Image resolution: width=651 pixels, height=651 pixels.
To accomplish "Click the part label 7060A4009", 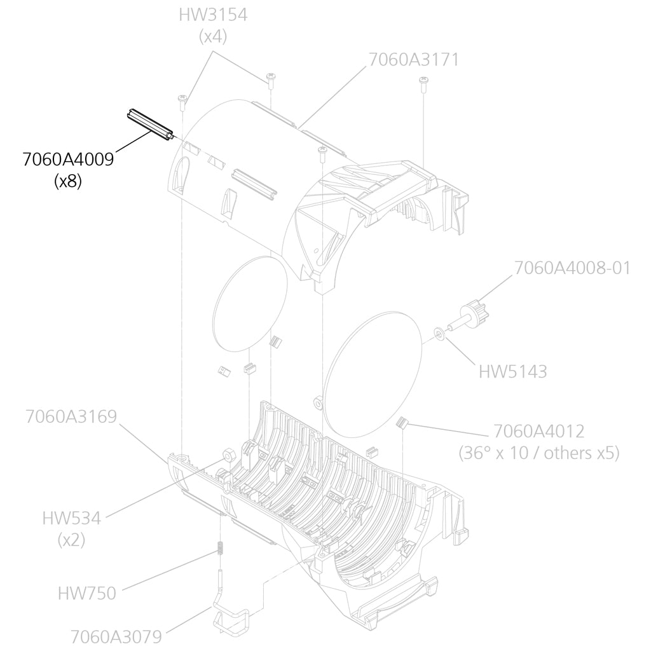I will (68, 160).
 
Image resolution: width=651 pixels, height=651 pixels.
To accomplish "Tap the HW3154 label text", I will (212, 15).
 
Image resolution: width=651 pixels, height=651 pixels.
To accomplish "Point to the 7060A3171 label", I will (414, 60).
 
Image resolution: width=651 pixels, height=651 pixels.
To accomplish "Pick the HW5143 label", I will (512, 371).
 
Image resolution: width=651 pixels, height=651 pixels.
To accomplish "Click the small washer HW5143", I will (438, 332).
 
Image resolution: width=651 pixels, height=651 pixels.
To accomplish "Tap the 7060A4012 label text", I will (538, 431).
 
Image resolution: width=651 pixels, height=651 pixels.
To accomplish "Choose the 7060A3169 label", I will (71, 416).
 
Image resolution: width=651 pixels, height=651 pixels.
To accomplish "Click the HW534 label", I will (71, 518).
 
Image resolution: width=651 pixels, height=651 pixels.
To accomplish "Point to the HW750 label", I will (87, 594).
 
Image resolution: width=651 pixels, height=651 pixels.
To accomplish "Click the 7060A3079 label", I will (116, 636).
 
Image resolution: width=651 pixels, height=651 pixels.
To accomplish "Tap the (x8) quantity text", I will (68, 181).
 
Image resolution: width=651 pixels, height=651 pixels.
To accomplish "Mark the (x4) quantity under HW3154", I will (212, 36).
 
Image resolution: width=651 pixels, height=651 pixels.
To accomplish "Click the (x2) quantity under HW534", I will (71, 540).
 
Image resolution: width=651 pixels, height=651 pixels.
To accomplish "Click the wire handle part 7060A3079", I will (229, 620).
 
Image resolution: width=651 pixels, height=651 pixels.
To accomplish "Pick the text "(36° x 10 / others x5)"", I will (538, 453).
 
